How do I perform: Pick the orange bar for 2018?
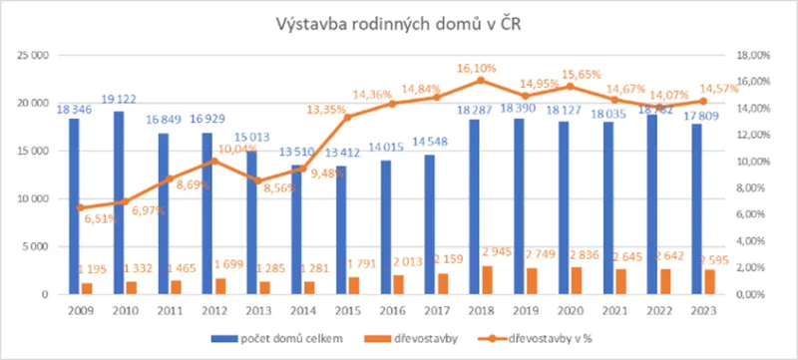tap(486, 280)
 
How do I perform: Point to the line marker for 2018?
tap(480, 81)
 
